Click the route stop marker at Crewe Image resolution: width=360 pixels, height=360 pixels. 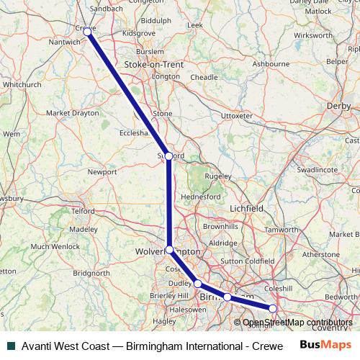pos(88,31)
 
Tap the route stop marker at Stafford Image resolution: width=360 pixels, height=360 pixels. pos(168,156)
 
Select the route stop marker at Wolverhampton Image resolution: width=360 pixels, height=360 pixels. pos(170,250)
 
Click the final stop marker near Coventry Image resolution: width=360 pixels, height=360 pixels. pos(273,309)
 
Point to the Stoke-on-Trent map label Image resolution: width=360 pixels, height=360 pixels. pos(154,64)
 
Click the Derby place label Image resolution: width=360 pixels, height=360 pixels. pos(338,105)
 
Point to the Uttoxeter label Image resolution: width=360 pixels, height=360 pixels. pos(237,115)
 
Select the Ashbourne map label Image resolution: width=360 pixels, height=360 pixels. pos(271,63)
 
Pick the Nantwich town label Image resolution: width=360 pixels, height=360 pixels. pos(58,42)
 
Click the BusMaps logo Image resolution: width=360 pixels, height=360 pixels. pos(322,344)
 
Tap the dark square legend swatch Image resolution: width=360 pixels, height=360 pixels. pos(10,345)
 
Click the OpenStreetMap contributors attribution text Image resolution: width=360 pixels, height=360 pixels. pos(297,323)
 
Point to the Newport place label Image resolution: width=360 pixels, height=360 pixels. pos(102,172)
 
